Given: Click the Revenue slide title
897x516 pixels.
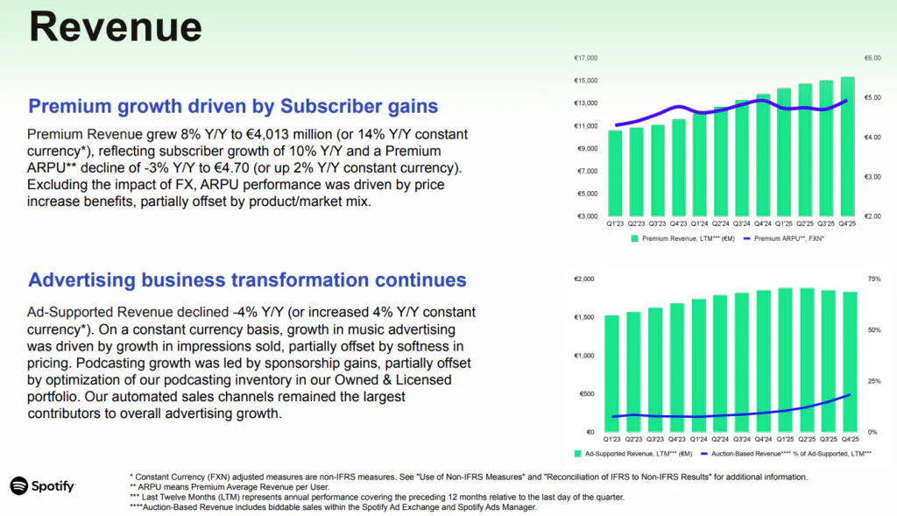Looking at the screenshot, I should [116, 27].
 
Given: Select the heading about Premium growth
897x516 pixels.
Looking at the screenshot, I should [233, 107].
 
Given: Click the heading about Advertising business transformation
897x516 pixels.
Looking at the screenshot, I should [247, 280].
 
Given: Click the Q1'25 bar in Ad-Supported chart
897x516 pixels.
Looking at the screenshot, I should [785, 359].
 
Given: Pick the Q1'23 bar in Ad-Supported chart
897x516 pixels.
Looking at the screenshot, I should [611, 373].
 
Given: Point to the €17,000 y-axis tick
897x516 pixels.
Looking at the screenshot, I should [585, 59].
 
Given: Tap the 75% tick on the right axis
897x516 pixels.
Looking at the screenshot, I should [874, 279].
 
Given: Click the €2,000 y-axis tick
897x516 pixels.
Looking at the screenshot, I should [584, 279].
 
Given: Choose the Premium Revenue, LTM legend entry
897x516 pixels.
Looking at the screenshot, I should [682, 237].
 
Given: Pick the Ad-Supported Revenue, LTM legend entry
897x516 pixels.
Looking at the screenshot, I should [632, 454].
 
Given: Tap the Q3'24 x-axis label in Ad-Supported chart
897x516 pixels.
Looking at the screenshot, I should [741, 439].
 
